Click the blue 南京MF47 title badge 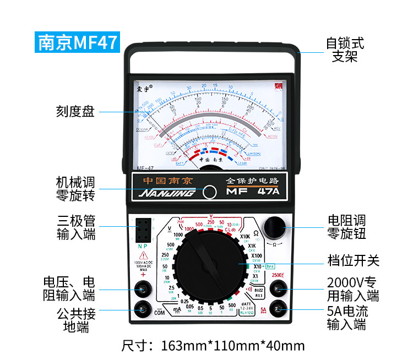tap(77, 42)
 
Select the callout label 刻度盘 tap(75, 111)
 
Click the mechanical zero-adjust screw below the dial tap(209, 192)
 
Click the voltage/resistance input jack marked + tap(144, 288)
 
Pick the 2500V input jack tap(281, 288)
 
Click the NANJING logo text tap(167, 192)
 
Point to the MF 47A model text tap(253, 192)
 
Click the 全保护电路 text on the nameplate tap(253, 181)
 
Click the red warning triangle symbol tap(144, 255)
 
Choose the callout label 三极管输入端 tap(76, 227)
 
